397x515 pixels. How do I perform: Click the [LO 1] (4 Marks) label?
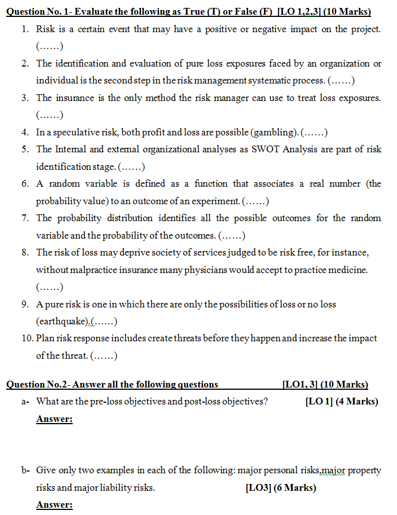(x=341, y=402)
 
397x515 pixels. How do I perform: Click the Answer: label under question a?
(x=54, y=419)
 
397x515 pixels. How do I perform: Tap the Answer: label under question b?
(x=54, y=505)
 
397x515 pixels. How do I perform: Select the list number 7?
(x=25, y=218)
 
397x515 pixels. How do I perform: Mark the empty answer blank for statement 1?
(x=49, y=46)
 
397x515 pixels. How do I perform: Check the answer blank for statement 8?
(x=49, y=287)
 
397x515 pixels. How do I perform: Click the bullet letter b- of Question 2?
(x=25, y=470)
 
